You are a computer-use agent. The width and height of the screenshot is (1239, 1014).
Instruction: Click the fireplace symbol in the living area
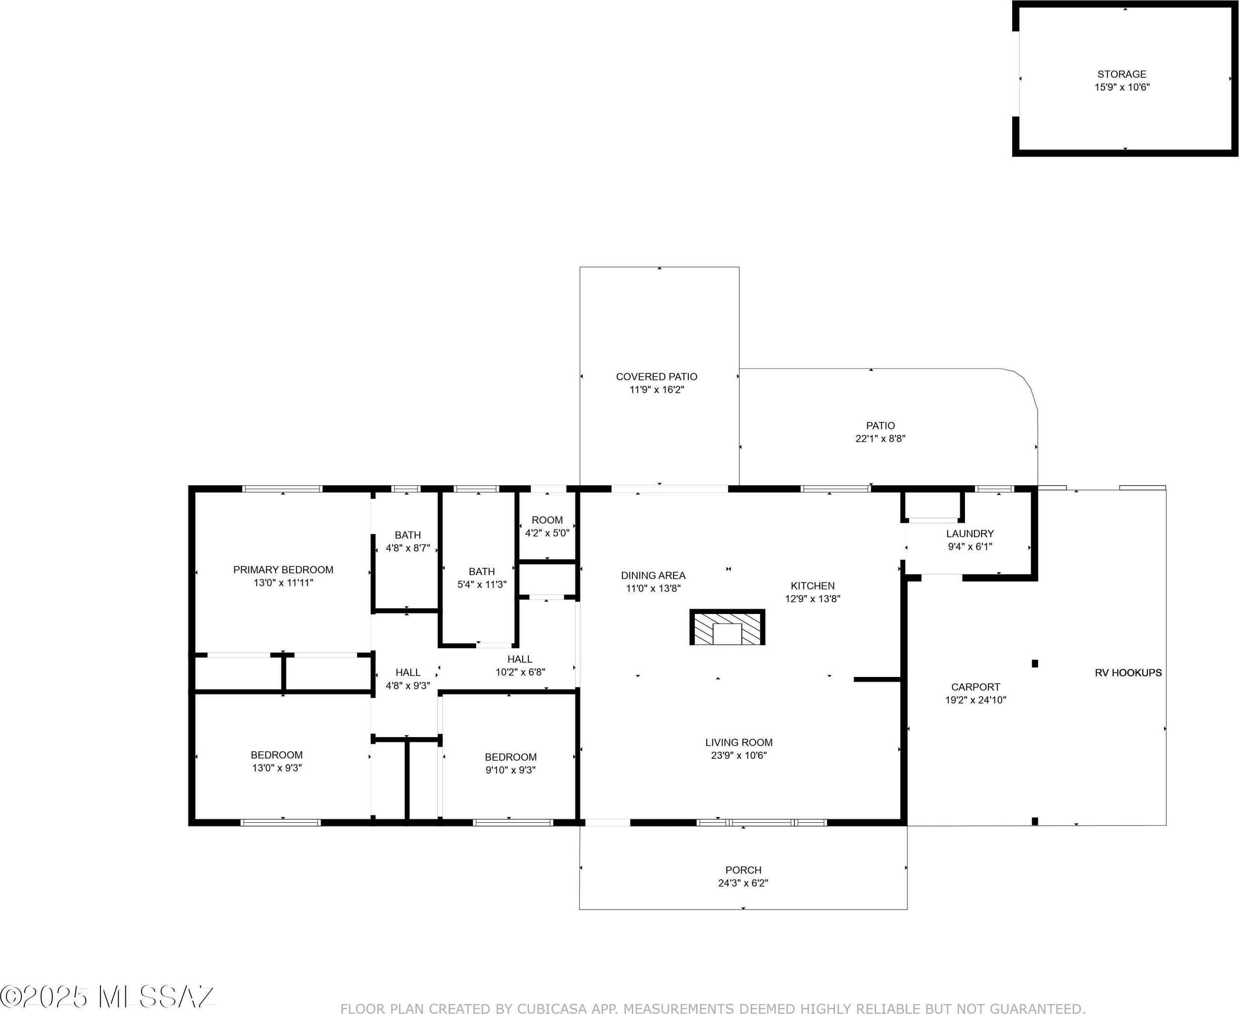[x=727, y=627]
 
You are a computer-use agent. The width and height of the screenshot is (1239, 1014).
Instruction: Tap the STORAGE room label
[x=1122, y=74]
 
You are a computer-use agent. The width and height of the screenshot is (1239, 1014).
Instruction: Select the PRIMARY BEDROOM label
[x=283, y=570]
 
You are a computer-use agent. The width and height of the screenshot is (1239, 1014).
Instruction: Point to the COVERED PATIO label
[x=656, y=377]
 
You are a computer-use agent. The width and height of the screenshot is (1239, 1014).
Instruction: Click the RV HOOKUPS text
[x=1128, y=673]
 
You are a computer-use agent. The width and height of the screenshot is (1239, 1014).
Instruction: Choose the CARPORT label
[x=975, y=687]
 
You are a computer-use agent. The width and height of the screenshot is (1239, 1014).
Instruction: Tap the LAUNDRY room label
[x=970, y=534]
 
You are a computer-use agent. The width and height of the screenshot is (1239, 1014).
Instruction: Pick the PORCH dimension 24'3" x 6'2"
[x=743, y=883]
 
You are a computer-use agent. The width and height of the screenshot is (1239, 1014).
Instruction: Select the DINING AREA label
[x=653, y=576]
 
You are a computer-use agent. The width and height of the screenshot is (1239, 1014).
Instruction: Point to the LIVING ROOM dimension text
[x=739, y=755]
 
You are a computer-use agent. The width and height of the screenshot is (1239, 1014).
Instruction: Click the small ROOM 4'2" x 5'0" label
[x=547, y=526]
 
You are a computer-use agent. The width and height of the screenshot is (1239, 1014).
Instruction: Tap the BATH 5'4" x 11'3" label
[x=482, y=578]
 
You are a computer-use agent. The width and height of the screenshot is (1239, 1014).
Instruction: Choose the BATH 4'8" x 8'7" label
[x=407, y=542]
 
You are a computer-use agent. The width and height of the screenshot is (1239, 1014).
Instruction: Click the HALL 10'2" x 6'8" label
[x=520, y=666]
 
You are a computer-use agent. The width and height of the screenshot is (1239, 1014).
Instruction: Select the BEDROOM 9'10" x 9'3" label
[x=511, y=763]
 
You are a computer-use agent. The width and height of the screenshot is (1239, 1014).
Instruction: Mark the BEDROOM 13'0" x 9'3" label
[x=277, y=761]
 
